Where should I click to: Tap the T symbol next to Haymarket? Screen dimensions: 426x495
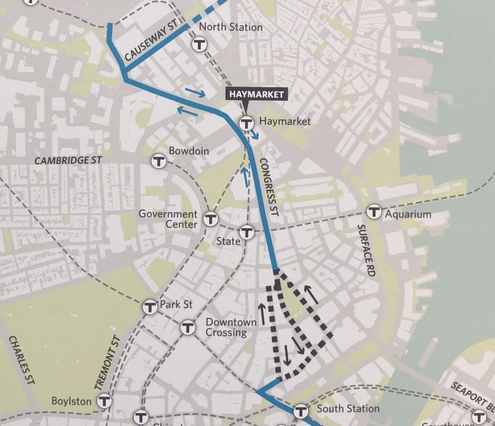246,122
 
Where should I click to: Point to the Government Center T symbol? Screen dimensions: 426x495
211,219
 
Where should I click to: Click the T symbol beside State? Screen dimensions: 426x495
247,232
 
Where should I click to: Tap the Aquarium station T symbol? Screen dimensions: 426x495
374,212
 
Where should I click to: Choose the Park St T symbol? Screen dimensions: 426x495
150,306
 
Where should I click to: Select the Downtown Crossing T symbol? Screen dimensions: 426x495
189,327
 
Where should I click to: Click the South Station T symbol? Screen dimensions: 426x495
301,410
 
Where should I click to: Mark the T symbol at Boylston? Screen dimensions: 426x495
105,401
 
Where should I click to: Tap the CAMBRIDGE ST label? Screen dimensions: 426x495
68,160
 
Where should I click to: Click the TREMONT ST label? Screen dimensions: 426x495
106,363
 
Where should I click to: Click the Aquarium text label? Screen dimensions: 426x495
408,215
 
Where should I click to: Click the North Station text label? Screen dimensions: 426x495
231,27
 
